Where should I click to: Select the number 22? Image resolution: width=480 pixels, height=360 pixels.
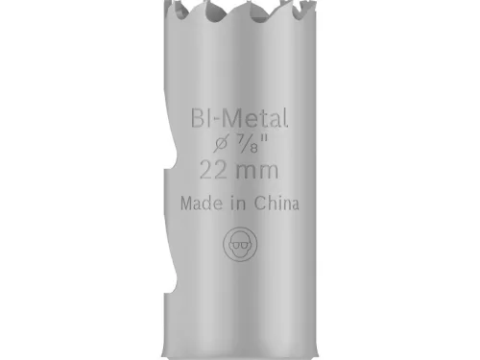212,172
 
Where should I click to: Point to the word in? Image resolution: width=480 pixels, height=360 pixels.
236,204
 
